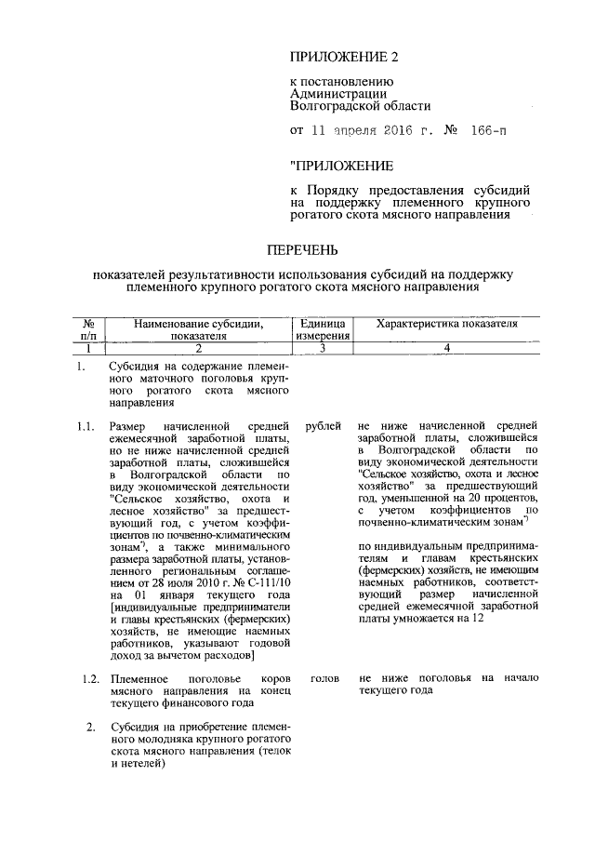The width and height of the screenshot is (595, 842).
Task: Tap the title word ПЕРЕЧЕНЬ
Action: click(x=297, y=250)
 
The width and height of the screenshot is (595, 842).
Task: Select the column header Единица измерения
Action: click(x=323, y=329)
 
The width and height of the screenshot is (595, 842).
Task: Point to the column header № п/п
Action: click(x=88, y=329)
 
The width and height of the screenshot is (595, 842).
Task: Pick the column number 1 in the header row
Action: click(x=88, y=348)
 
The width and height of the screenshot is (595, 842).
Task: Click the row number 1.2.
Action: click(x=89, y=679)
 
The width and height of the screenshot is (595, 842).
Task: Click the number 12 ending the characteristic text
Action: click(x=476, y=618)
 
